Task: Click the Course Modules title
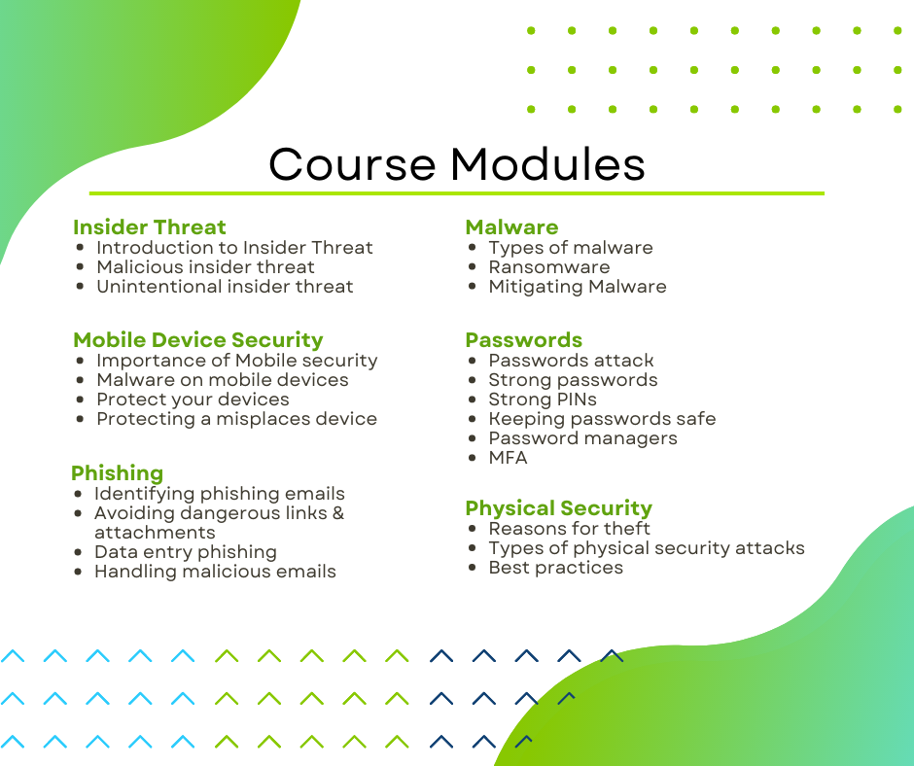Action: click(x=456, y=164)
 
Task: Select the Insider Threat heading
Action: click(x=149, y=226)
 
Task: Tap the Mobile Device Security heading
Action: click(x=198, y=340)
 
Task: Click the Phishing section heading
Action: click(x=117, y=472)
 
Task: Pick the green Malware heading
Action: click(x=511, y=226)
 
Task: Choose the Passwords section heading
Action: click(x=524, y=340)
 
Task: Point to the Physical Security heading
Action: click(x=558, y=508)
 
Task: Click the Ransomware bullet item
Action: click(x=549, y=267)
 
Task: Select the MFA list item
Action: click(x=509, y=458)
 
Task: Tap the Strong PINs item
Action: click(x=543, y=400)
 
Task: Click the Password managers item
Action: click(x=582, y=438)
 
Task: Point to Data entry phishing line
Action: click(x=186, y=552)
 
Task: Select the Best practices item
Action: click(x=555, y=568)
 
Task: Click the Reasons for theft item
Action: click(x=569, y=529)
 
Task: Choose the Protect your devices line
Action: click(x=193, y=400)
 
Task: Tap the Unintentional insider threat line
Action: click(x=225, y=287)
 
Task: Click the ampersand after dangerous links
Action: click(x=338, y=513)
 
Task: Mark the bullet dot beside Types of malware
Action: click(x=473, y=248)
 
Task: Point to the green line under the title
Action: click(x=456, y=192)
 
